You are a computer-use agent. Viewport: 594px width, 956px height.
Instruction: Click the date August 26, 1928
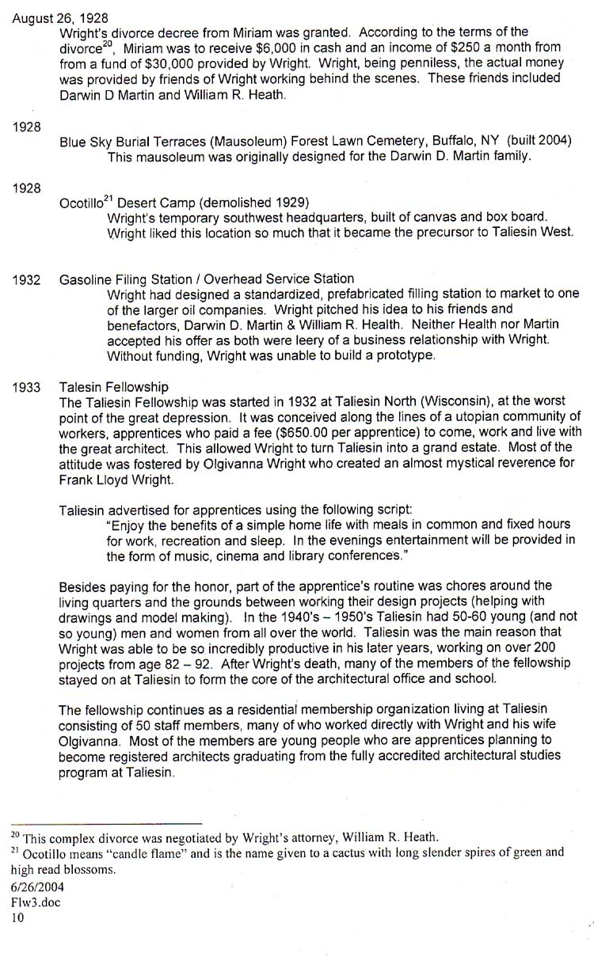[x=60, y=17]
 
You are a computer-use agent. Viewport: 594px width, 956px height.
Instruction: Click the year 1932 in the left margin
[x=27, y=279]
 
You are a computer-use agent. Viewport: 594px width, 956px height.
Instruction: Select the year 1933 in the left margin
[x=27, y=387]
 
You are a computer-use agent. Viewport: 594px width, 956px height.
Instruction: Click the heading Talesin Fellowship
[x=113, y=387]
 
